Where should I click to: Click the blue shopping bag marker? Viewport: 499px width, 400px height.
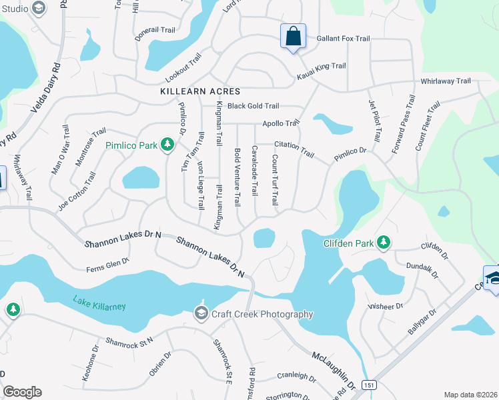click(x=293, y=36)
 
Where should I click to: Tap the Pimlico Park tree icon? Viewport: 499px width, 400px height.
click(x=169, y=145)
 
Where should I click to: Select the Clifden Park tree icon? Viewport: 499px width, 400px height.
click(x=384, y=243)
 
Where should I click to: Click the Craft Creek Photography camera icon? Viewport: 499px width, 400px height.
click(x=201, y=313)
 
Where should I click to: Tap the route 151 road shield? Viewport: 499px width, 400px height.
click(x=368, y=385)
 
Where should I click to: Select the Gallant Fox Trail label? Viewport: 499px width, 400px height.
click(x=343, y=39)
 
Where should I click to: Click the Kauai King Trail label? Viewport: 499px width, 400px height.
click(x=322, y=66)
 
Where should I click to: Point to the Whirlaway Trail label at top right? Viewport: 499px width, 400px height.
click(x=445, y=81)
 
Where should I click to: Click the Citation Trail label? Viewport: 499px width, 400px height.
click(x=294, y=149)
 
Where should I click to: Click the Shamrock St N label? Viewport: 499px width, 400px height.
click(x=129, y=340)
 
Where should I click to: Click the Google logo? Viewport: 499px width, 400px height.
click(x=22, y=392)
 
